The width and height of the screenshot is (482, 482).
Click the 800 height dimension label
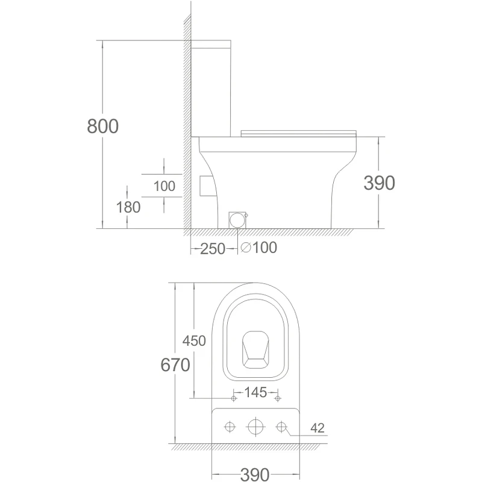102,126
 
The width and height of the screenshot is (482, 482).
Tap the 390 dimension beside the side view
379,183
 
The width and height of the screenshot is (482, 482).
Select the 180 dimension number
128,207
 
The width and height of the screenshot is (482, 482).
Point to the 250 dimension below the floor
213,249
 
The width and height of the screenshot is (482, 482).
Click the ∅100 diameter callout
259,248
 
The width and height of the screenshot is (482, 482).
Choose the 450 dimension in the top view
194,340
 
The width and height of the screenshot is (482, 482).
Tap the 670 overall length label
175,365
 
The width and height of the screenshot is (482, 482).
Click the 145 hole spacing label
255,392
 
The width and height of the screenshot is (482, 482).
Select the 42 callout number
318,428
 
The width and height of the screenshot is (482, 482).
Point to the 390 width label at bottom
255,474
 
